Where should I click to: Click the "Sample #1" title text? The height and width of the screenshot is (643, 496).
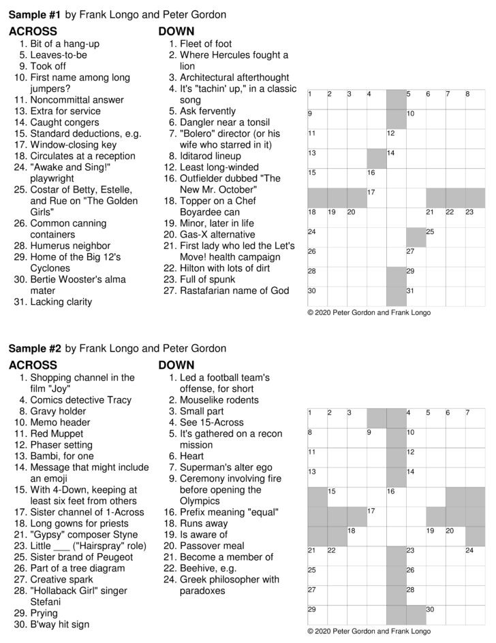pyautogui.click(x=35, y=14)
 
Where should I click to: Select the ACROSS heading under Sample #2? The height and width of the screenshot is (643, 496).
pyautogui.click(x=33, y=365)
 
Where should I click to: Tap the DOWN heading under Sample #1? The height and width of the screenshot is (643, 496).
pyautogui.click(x=176, y=31)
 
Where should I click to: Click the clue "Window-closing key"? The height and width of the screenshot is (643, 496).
pyautogui.click(x=74, y=145)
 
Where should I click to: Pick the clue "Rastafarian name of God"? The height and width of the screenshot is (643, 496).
pyautogui.click(x=234, y=291)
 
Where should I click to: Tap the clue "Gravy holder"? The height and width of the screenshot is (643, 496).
pyautogui.click(x=59, y=411)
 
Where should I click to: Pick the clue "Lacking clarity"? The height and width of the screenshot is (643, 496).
pyautogui.click(x=61, y=301)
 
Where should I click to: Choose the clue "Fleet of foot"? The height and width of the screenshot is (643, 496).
pyautogui.click(x=206, y=44)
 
